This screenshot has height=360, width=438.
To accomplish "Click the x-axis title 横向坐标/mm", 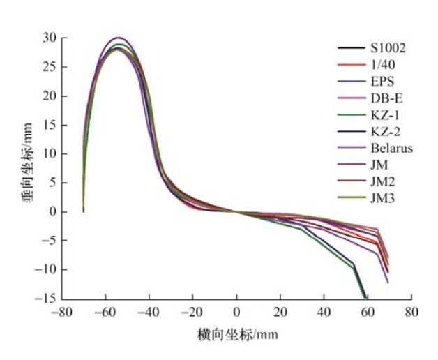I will click(x=237, y=335).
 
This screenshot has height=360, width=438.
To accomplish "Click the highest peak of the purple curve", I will click(x=119, y=38).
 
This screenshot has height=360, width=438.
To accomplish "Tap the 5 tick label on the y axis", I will click(x=50, y=183).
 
